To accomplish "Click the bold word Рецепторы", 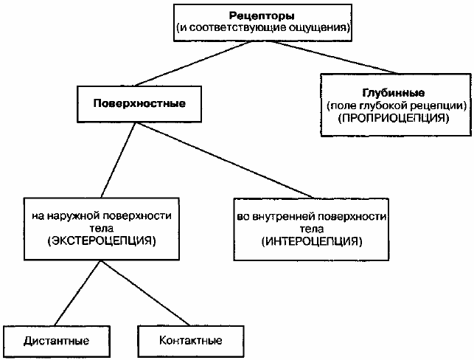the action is coord(262,15).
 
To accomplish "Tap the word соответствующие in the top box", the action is coord(239,28).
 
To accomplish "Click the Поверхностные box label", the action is coord(139,104).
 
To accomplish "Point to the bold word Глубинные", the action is coord(394,93).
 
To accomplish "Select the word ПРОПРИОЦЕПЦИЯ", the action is coord(394,118).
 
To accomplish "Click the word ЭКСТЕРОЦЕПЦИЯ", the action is coord(102,240).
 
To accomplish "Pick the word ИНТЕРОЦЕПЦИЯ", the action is coord(312,241).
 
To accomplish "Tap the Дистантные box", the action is coord(57,341).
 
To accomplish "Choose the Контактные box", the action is coord(191,341).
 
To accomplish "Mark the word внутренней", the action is coord(286,217).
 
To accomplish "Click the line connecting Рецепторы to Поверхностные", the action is coord(193,64).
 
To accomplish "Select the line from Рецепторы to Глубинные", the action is coord(335,58).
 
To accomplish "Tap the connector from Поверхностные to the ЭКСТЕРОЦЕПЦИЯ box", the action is coord(119,160).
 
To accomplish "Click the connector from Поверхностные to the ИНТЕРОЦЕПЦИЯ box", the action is coord(226,160).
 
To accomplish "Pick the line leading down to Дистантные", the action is coord(77,293).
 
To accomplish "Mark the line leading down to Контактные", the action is coord(146,293).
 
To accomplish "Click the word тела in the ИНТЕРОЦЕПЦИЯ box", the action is coord(312,229).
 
